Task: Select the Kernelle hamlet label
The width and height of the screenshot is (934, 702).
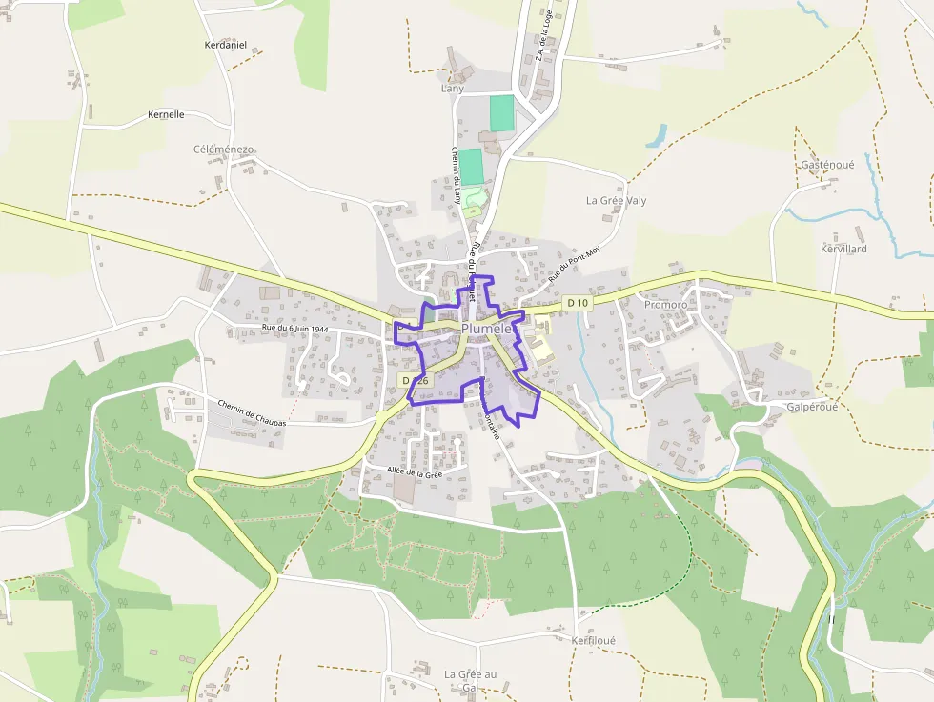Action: [x=166, y=114]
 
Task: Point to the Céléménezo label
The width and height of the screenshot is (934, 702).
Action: [x=224, y=150]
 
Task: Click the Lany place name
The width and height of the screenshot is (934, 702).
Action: [x=452, y=89]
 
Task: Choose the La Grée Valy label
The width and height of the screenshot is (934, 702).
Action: [x=616, y=201]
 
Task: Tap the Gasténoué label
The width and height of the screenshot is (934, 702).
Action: [x=827, y=164]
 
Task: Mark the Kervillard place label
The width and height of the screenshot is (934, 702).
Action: [x=843, y=249]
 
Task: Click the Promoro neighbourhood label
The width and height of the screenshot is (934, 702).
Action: [x=665, y=305]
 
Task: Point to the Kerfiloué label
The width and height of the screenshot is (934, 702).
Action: [x=594, y=641]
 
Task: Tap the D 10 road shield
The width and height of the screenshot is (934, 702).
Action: [x=578, y=303]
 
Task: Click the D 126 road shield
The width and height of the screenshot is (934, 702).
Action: [x=416, y=380]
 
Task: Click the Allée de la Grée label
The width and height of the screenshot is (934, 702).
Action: [x=415, y=472]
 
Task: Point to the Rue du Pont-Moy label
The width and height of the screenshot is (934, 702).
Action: [x=575, y=264]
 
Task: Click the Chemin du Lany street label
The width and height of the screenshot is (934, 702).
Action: [x=456, y=175]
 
